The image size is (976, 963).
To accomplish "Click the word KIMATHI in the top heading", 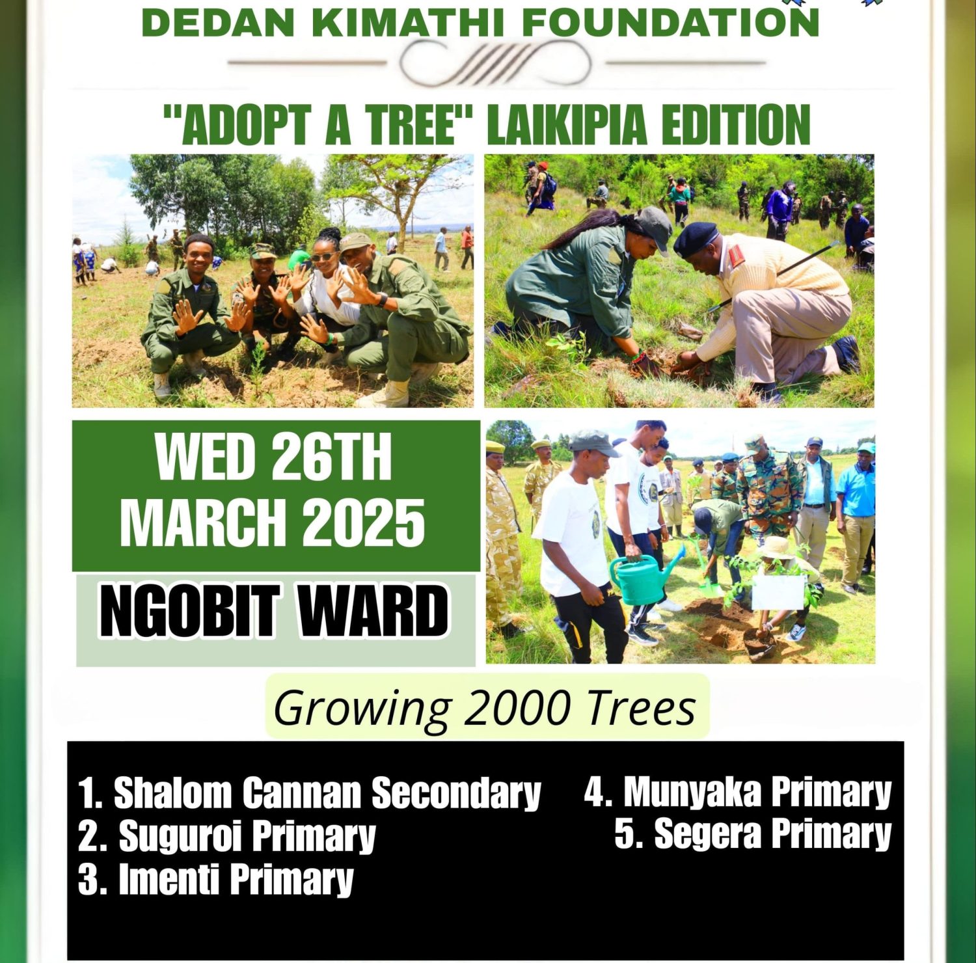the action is pyautogui.click(x=407, y=22).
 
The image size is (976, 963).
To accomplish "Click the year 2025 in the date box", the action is pyautogui.click(x=363, y=522).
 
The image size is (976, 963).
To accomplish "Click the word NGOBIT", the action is pyautogui.click(x=189, y=610).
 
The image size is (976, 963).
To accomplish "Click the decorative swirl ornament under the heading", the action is pyautogui.click(x=496, y=63).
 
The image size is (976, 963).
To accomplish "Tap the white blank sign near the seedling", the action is pyautogui.click(x=778, y=591).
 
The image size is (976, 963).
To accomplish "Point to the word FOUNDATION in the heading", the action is pyautogui.click(x=670, y=22).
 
